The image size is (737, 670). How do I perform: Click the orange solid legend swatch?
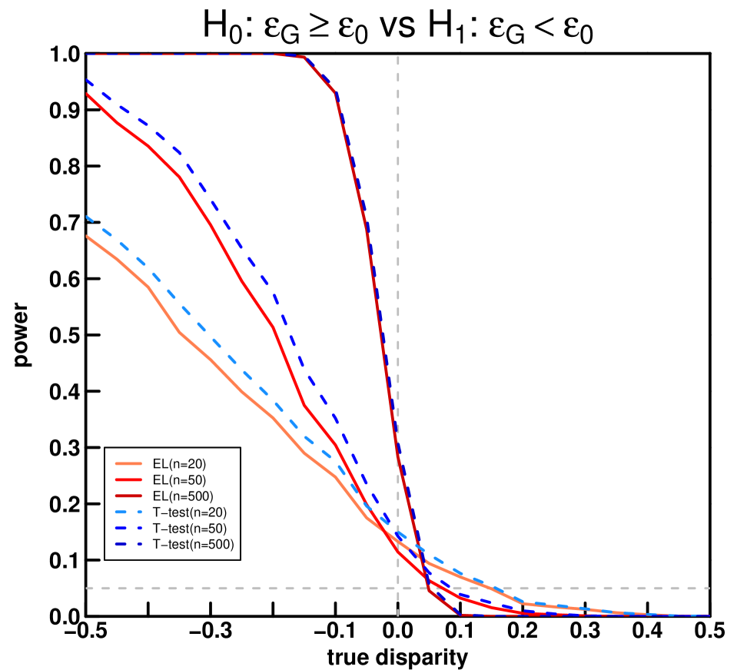pos(128,464)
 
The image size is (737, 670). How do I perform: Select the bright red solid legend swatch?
pos(128,479)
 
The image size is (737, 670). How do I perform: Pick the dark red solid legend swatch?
pos(128,496)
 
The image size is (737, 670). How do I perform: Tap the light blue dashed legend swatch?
pos(128,512)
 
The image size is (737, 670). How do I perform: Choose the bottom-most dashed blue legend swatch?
pos(128,544)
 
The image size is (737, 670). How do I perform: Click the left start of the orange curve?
pos(87,236)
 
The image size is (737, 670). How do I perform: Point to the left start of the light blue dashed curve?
pos(87,217)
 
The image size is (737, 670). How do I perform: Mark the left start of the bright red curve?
pos(87,94)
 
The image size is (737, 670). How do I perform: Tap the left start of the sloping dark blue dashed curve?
pos(87,79)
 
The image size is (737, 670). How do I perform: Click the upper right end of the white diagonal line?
pos(708,337)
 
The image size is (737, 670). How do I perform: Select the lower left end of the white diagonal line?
pos(399,615)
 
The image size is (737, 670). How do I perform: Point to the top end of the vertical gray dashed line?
pos(398,57)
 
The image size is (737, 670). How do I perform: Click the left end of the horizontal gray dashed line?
pos(87,588)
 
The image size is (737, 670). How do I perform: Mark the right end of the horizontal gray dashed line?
pos(709,588)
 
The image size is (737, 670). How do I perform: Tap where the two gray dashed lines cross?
pos(398,588)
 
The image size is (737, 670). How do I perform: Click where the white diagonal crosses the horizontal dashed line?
pos(429,588)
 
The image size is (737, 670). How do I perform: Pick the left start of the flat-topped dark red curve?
pos(87,55)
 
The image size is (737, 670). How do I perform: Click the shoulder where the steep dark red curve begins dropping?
pos(305,57)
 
